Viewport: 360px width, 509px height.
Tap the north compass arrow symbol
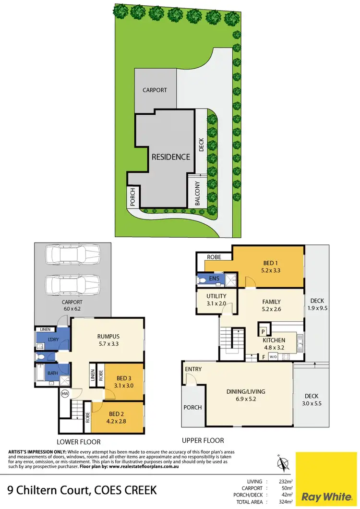pos(283,464)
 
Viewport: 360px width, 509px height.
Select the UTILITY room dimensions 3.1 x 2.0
pos(216,303)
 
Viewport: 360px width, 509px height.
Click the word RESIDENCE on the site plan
pos(171,157)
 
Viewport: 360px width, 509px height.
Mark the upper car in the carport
pos(72,254)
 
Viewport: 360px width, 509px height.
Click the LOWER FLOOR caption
pos(79,441)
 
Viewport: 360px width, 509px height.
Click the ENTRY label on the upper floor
pos(193,369)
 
